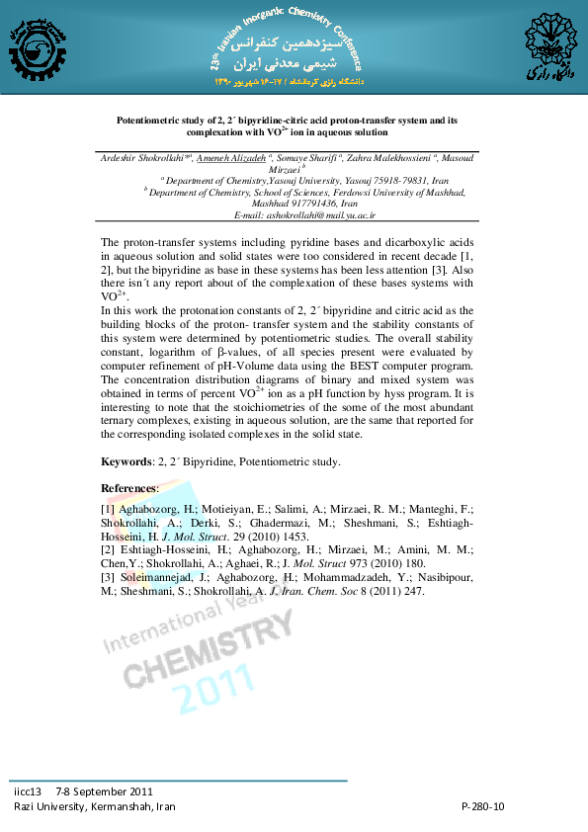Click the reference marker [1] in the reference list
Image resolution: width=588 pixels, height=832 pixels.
pos(108,508)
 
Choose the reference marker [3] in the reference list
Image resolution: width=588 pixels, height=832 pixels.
pos(108,577)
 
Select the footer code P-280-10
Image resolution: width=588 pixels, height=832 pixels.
pos(483,806)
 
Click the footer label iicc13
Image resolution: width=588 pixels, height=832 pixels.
pos(28,791)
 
